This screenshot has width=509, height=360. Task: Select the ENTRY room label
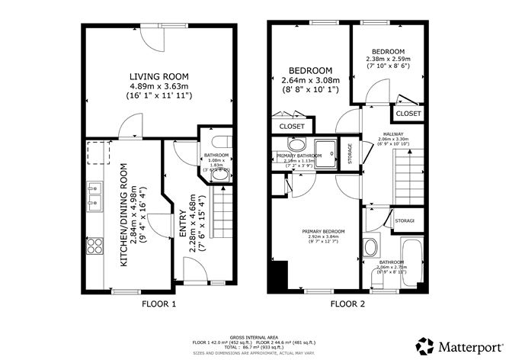[186, 239]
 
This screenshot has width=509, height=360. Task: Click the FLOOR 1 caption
[158, 304]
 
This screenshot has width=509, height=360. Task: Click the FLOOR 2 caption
[347, 304]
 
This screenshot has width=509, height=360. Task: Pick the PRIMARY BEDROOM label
[322, 230]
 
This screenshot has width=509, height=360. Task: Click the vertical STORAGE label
[350, 153]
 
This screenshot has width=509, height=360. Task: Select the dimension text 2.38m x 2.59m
[388, 59]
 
